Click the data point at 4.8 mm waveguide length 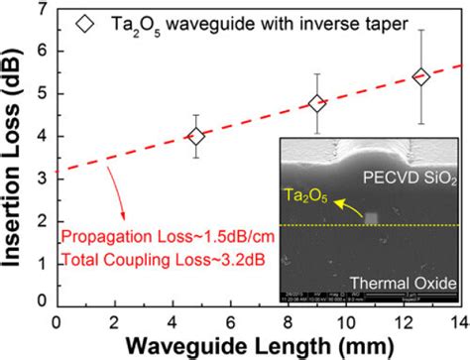point(196,137)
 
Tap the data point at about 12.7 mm point(420,77)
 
